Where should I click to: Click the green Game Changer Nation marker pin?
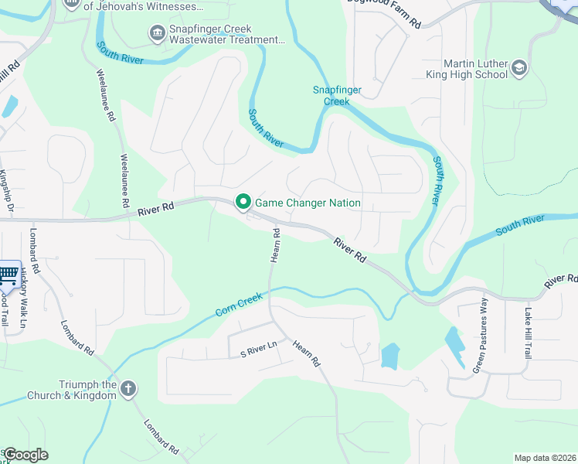(x=243, y=203)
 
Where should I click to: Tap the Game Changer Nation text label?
(x=308, y=203)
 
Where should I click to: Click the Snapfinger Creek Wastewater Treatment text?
(x=223, y=34)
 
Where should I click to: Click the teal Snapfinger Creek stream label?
(x=336, y=95)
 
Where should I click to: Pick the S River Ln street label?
(x=258, y=350)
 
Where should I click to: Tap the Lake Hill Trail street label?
(x=528, y=333)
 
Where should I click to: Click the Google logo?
(x=25, y=455)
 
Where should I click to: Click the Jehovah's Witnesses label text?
(x=144, y=5)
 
